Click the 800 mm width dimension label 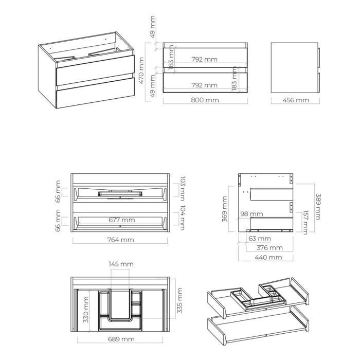pos(205,100)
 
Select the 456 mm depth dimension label pos(295,100)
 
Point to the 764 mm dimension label pos(120,240)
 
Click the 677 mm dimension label pos(121,220)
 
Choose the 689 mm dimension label pos(121,339)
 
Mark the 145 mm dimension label pos(121,264)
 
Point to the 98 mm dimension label pos(251,214)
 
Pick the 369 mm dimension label pos(225,209)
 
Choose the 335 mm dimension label pos(180,301)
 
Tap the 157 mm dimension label pos(305,222)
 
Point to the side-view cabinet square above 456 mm pos(294,67)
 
